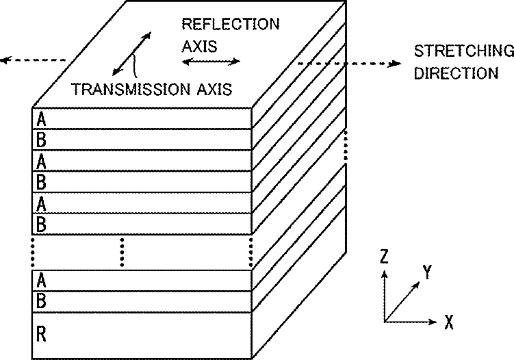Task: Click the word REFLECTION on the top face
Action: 230,25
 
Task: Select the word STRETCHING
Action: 463,51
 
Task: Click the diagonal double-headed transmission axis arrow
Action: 130,52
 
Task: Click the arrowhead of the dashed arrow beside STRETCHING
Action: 395,64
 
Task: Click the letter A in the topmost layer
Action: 42,118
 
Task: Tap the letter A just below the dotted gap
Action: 42,280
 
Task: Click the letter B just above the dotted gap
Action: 42,224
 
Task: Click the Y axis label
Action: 427,273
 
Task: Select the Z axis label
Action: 385,257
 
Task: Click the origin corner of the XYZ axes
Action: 385,320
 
